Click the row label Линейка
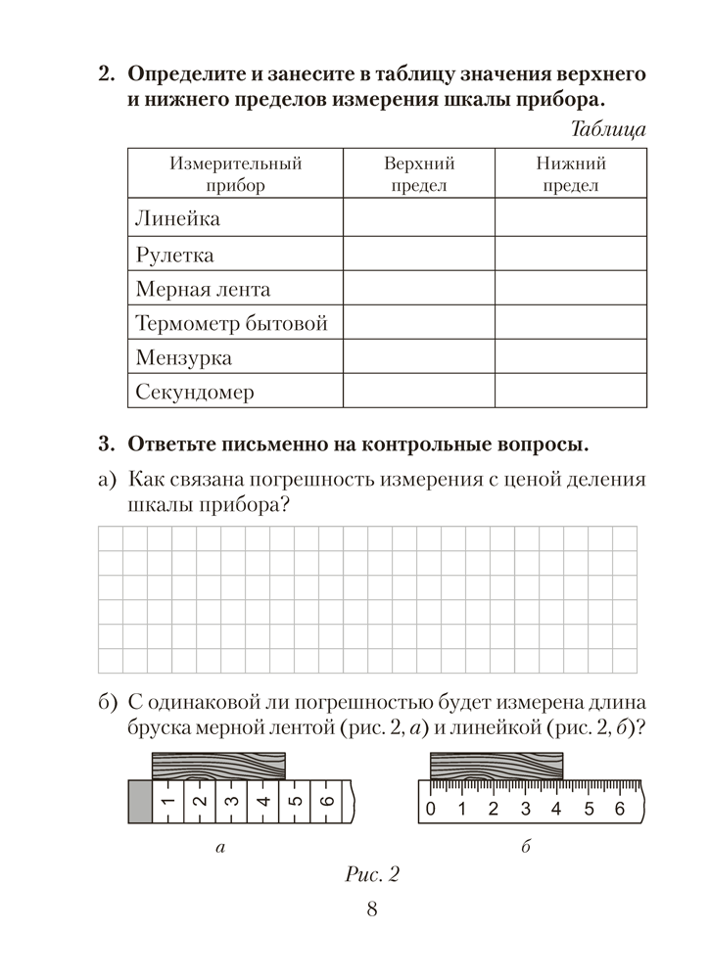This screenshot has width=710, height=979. (x=177, y=218)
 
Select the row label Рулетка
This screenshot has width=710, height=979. (x=175, y=255)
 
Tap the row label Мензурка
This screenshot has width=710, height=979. (x=184, y=357)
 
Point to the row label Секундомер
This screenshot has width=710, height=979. (x=195, y=393)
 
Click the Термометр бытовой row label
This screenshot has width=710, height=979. (x=231, y=323)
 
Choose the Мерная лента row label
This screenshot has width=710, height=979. (x=203, y=289)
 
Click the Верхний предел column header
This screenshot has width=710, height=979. (x=418, y=174)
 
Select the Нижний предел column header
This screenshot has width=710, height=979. (x=570, y=174)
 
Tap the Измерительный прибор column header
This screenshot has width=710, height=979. (x=235, y=174)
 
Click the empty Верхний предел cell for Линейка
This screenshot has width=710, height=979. (x=418, y=218)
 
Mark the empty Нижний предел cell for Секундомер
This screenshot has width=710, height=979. (x=570, y=393)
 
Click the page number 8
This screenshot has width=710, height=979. (x=371, y=912)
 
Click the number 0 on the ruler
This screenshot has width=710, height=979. (x=429, y=809)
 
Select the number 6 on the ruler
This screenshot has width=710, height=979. (x=618, y=809)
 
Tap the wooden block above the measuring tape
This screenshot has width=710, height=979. (x=218, y=765)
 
